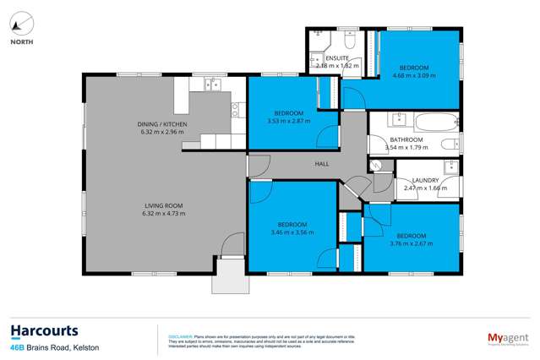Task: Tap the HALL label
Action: (321, 164)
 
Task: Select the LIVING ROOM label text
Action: (155, 204)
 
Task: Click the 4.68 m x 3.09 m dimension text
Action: (414, 75)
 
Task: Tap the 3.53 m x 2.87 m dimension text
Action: (289, 121)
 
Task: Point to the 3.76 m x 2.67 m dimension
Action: (412, 243)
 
